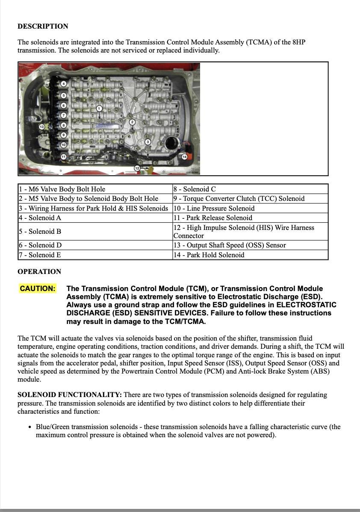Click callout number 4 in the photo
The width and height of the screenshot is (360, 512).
[64, 84]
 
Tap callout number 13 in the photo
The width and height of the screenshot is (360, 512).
[41, 127]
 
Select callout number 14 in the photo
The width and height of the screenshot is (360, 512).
[185, 157]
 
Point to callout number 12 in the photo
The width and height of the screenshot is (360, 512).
[137, 168]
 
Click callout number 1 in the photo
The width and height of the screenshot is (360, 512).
[99, 109]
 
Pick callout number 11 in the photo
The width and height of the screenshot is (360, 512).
[64, 156]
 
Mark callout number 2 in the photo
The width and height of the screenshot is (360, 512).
[132, 123]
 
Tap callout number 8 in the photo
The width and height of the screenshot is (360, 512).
[64, 125]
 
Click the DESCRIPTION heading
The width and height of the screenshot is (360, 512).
[43, 26]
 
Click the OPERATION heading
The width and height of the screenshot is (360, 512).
[39, 272]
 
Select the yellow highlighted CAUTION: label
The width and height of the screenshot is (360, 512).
[38, 288]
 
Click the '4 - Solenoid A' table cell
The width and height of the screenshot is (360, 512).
[95, 218]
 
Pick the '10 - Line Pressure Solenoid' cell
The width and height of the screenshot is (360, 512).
[250, 209]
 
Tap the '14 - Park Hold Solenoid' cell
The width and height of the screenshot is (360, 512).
[250, 255]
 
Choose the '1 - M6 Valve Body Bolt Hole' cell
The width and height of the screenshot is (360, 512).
[95, 189]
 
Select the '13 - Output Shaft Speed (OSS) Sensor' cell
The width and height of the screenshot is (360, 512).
[250, 245]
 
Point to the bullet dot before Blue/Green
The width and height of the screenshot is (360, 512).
[30, 427]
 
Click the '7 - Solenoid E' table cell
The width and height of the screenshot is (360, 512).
[95, 255]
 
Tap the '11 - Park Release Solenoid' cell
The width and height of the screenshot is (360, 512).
[250, 218]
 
